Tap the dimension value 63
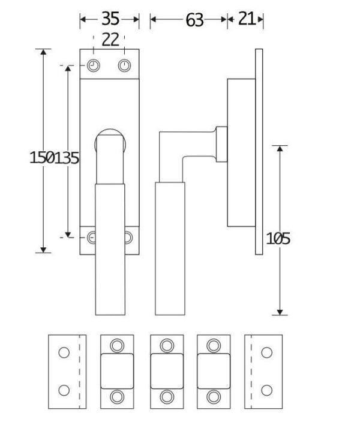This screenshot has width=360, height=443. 194,20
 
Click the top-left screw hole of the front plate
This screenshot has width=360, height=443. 94,65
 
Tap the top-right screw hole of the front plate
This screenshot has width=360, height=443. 124,65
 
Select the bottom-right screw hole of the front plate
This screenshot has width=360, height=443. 127,238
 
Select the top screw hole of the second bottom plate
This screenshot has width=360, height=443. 117,345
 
